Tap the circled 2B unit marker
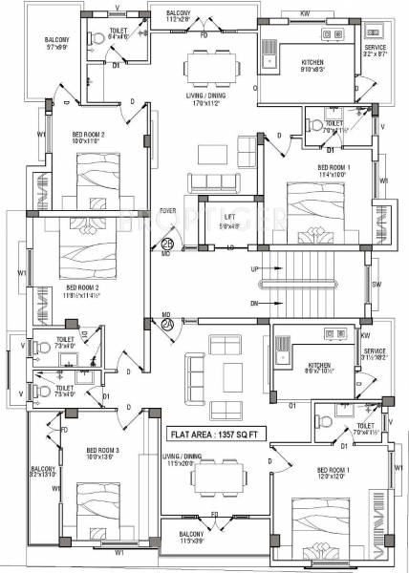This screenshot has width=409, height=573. click(x=166, y=243)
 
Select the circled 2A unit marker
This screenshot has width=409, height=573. click(x=166, y=324)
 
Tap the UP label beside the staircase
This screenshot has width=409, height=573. click(x=254, y=269)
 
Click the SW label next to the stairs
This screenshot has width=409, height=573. click(x=377, y=286)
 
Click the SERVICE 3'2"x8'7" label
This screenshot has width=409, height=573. click(x=376, y=51)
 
